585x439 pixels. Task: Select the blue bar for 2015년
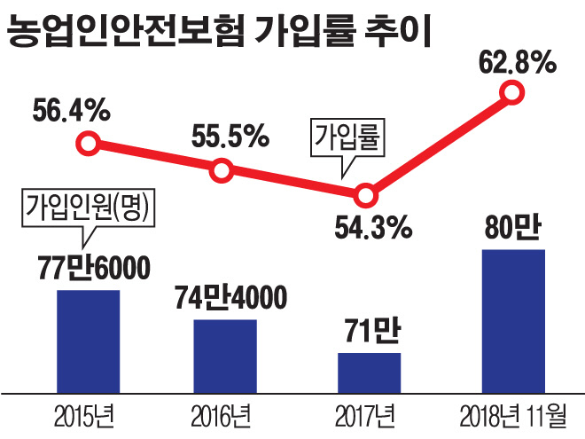click(x=88, y=339)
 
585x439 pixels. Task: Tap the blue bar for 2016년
click(x=225, y=354)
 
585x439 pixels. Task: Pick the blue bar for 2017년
click(x=369, y=371)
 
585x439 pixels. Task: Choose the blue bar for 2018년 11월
click(x=512, y=319)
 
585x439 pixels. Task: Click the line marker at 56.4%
click(x=87, y=143)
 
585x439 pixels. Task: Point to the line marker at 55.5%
click(x=222, y=169)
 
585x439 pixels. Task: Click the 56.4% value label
click(x=71, y=113)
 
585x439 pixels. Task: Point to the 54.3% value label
click(x=372, y=226)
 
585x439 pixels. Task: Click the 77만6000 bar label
click(x=88, y=267)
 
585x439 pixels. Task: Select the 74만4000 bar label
click(x=229, y=297)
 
